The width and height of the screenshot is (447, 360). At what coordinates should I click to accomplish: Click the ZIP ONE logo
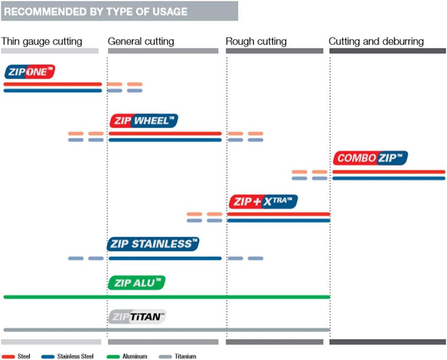coord(30,72)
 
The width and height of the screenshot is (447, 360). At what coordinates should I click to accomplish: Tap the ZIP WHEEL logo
coord(144,121)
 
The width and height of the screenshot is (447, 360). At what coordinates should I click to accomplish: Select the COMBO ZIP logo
coord(370,158)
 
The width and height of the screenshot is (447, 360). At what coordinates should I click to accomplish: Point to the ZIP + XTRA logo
coord(263,201)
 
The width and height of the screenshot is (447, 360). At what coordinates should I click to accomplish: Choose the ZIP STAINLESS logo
coord(153,244)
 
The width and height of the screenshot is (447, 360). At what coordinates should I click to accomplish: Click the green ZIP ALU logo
coord(137,283)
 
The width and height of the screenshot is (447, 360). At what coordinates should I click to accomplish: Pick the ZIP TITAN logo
coord(137,317)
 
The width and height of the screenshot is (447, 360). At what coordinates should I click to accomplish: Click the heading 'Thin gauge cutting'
coord(41,42)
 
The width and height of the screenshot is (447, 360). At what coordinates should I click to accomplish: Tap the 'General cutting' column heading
coord(141,42)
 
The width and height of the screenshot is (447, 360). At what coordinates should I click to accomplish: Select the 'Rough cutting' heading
coord(256,42)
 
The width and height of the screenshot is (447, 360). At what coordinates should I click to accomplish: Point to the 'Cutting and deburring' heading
coord(376,42)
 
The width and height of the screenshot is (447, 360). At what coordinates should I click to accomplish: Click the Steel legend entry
coord(16,357)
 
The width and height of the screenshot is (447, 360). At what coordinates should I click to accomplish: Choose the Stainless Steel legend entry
coord(67,357)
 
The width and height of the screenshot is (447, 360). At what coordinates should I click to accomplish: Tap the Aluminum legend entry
coord(127,357)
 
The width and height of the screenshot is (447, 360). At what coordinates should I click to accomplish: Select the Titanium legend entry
coord(177,357)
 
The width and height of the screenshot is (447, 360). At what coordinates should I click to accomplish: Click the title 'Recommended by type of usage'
coord(96,12)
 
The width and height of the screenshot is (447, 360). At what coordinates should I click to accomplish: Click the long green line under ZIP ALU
coord(167,297)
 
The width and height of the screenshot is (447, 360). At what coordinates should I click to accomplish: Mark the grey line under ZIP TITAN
coord(167,330)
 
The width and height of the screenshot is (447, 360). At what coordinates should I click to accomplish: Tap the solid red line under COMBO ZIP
coord(389,172)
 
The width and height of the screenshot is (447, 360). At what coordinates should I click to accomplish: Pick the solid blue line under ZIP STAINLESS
coord(165,259)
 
